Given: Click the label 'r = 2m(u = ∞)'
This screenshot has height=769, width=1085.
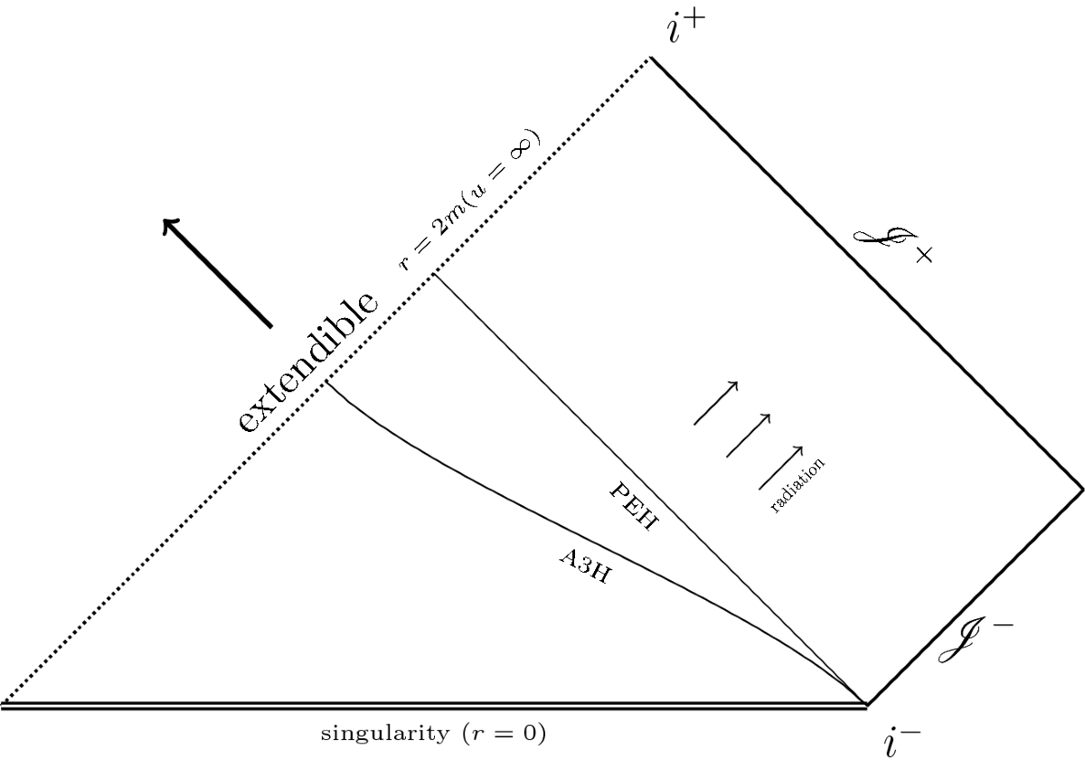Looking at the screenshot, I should click(469, 201).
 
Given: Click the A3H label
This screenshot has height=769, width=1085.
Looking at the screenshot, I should click(583, 567).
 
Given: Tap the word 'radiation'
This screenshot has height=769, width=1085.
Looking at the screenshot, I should click(797, 485).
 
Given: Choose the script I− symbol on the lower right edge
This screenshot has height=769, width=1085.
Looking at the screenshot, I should click(977, 640).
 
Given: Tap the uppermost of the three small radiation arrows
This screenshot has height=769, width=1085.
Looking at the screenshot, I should click(716, 402).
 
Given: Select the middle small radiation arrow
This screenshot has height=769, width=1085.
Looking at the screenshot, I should click(748, 435).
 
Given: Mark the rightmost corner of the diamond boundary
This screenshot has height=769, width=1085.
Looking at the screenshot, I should click(1081, 489).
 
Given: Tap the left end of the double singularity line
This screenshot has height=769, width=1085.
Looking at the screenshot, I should click(4, 704).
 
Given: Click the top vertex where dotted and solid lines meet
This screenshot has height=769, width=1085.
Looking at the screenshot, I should click(650, 58).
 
